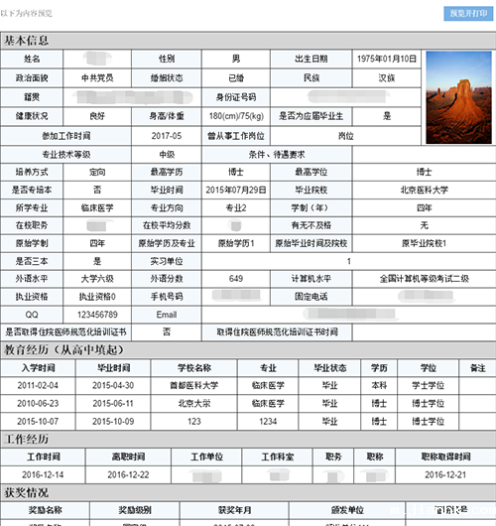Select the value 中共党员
[98, 77]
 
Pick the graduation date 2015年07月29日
[235, 189]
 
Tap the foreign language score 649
[235, 278]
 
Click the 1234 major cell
[268, 422]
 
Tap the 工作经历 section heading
[27, 439]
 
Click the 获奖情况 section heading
[27, 491]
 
